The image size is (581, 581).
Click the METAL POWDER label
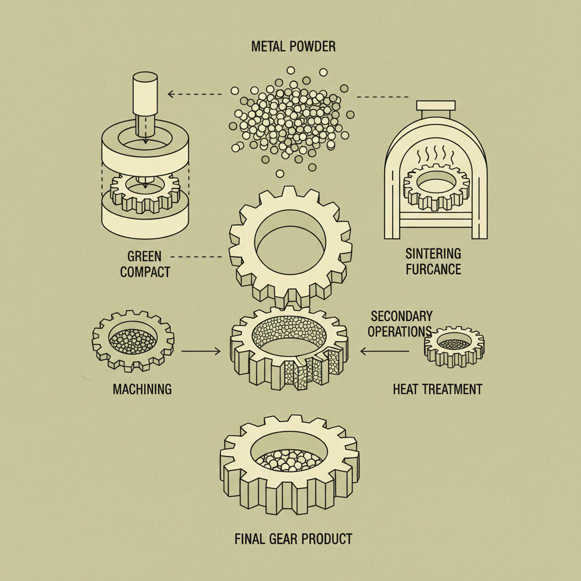(293, 47)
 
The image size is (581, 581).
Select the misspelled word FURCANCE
(433, 268)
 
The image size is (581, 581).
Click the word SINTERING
(433, 253)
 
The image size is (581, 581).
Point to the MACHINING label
(142, 389)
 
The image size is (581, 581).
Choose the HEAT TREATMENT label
(437, 389)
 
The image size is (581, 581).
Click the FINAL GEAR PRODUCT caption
(293, 538)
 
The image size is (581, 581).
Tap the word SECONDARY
(401, 316)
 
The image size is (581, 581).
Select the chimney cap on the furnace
(435, 106)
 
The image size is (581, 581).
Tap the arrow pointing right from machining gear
(201, 352)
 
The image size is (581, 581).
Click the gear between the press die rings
(145, 190)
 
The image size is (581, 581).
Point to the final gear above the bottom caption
(289, 462)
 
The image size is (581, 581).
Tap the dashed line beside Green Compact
(196, 256)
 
